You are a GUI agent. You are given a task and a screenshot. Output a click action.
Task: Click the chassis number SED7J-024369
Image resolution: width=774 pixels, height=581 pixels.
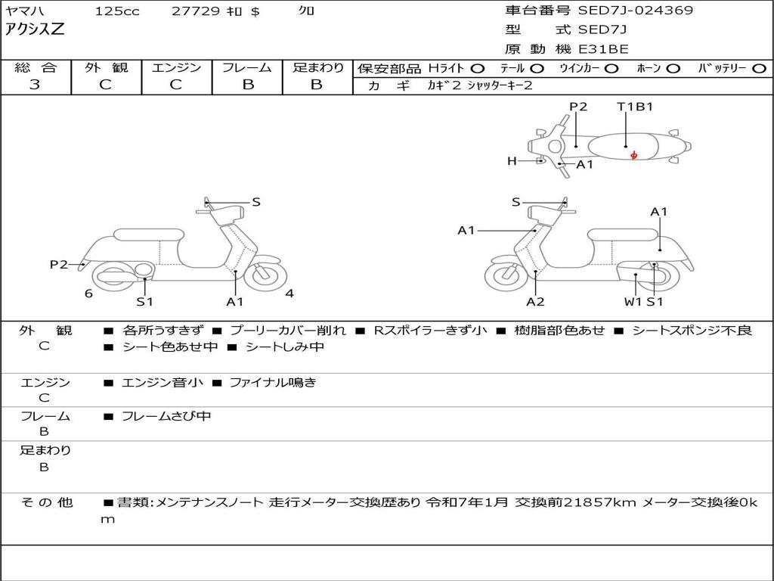[x=635, y=11]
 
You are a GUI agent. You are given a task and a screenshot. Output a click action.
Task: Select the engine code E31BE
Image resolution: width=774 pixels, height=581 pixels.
[x=603, y=49]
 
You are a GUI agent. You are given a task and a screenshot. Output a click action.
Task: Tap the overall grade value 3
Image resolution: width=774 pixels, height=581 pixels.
[x=35, y=85]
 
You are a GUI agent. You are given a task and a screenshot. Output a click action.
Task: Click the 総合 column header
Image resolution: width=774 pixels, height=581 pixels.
[x=35, y=68]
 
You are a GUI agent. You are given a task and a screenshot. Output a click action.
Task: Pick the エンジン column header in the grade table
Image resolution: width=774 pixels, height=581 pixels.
[x=176, y=68]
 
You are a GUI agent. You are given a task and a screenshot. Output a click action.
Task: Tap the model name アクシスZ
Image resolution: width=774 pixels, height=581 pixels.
[x=36, y=30]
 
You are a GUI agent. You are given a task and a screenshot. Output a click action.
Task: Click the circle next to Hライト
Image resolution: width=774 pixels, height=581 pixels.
[x=478, y=69]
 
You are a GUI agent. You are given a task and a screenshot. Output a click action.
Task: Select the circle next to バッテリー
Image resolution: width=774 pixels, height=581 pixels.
[x=758, y=69]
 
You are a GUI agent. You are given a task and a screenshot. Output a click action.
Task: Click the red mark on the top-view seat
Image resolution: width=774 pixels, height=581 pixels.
[x=633, y=155]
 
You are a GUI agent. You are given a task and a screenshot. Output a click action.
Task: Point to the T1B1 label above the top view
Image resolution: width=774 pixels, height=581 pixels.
[x=635, y=107]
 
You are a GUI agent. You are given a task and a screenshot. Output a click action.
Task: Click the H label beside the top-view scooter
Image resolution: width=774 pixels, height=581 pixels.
[x=512, y=161]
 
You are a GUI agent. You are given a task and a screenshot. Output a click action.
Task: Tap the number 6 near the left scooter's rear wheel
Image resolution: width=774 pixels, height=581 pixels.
[x=88, y=294]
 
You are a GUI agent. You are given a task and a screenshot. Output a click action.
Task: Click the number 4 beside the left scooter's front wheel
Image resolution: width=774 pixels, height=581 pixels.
[x=289, y=294]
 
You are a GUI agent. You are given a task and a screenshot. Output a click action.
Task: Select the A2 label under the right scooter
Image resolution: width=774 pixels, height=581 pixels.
[x=535, y=302]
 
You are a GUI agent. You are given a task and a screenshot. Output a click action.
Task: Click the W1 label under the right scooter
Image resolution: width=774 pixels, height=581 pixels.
[x=632, y=302]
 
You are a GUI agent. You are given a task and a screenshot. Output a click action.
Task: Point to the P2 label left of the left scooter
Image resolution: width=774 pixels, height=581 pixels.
[x=59, y=264]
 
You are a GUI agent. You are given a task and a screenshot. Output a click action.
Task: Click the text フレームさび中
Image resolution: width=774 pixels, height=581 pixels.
[x=166, y=416]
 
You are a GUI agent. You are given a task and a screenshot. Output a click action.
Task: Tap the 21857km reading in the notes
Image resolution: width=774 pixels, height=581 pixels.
[x=599, y=502]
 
